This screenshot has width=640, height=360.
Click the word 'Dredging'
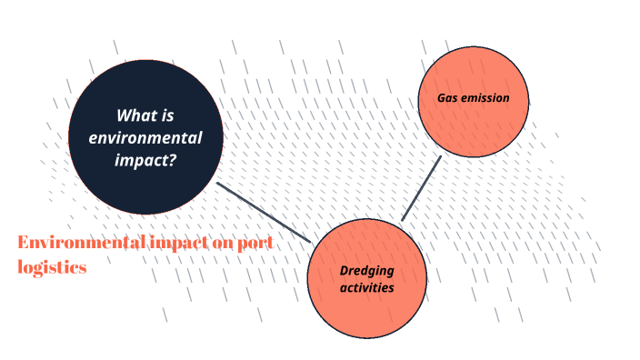point(366,270)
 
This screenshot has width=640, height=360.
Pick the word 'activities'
point(366,288)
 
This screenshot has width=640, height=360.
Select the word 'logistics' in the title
point(52,266)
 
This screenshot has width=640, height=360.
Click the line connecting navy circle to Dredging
point(264,213)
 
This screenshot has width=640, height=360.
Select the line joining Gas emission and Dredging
point(421,188)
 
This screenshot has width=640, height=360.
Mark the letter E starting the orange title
point(24,243)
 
